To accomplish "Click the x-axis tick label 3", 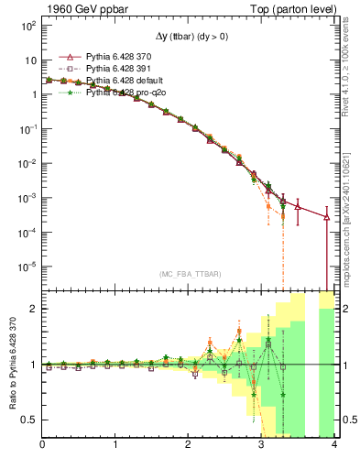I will pyautogui.click(x=262, y=445).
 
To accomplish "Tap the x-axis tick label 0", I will pyautogui.click(x=42, y=445).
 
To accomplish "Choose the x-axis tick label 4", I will pyautogui.click(x=335, y=445).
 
